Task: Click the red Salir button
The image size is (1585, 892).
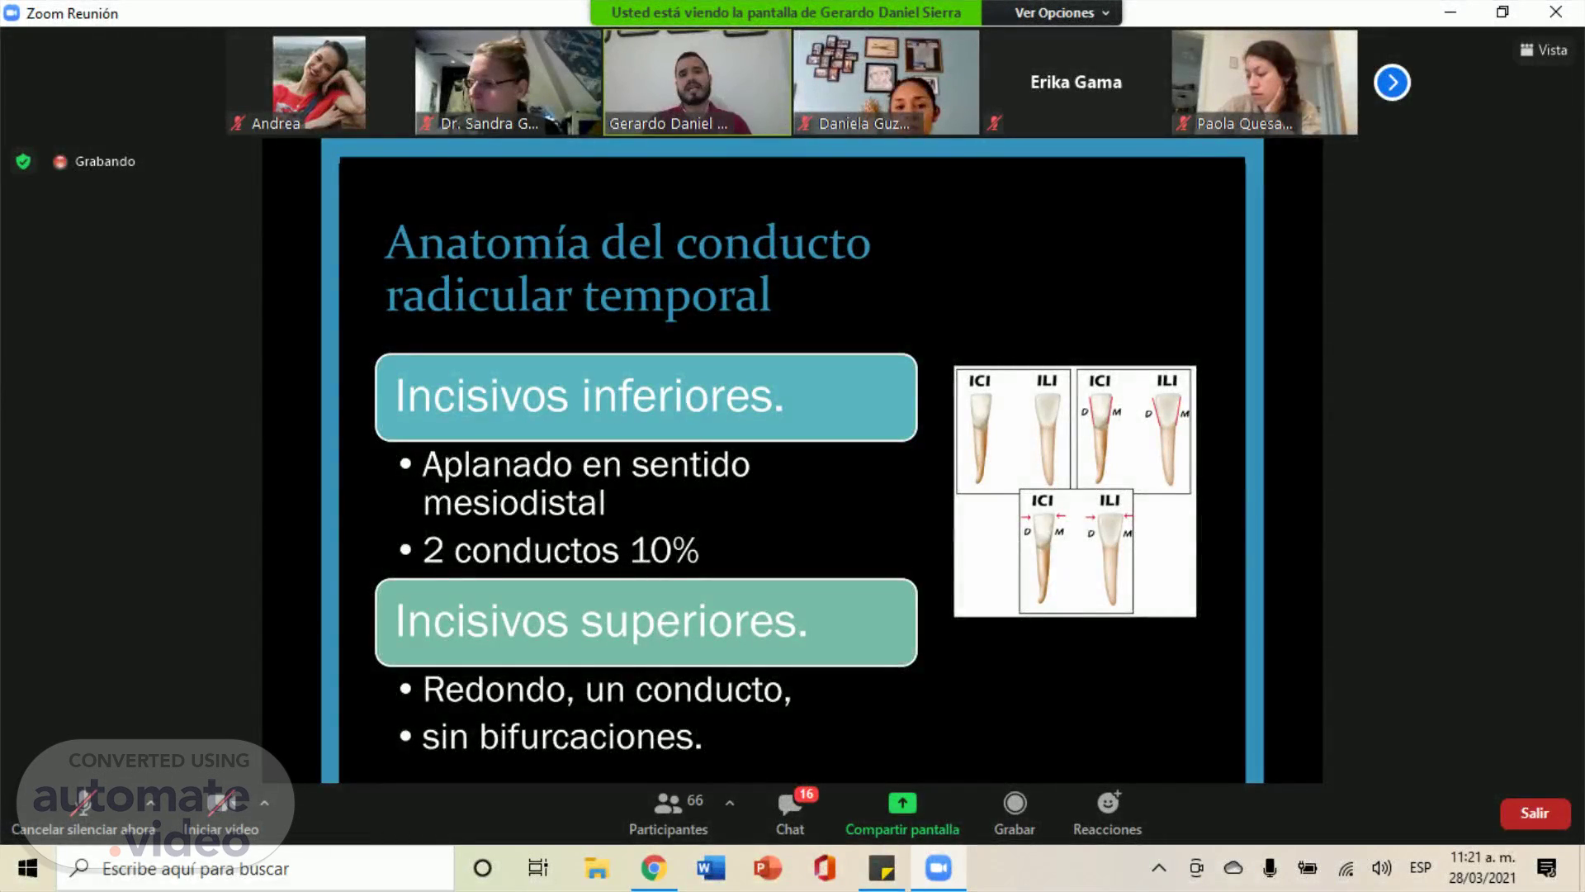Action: pos(1535,814)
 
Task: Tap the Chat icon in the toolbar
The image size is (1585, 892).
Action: pos(790,803)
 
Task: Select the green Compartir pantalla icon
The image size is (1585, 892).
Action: pos(902,803)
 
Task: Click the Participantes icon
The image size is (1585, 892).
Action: pos(667,803)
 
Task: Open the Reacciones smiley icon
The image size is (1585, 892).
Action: pos(1108,802)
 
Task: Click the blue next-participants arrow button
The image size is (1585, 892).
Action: pos(1392,83)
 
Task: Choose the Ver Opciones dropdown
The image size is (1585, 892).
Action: pos(1062,13)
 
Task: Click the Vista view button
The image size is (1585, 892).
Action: pos(1544,50)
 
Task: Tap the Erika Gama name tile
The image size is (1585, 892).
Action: pos(1076,83)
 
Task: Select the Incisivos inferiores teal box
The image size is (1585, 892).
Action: pos(646,397)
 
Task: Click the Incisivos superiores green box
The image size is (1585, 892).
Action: pos(646,622)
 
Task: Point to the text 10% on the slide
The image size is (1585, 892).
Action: pos(665,550)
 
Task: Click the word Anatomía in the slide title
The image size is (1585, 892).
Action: pos(488,243)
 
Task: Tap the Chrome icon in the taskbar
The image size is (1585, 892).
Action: pos(654,868)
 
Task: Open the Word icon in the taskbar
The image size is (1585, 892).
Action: pos(711,868)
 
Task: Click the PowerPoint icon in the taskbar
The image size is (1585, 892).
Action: pos(768,868)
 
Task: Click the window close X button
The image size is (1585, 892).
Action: pos(1556,12)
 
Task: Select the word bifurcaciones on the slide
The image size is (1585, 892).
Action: pos(590,737)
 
